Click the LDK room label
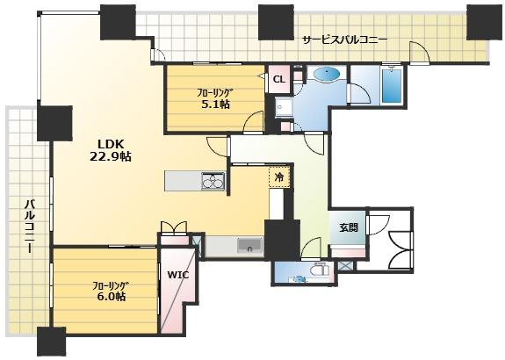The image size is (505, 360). click(111, 144)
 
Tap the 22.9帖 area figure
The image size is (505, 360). click(111, 156)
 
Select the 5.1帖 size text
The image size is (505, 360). click(216, 104)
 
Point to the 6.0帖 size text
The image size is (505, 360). click(112, 296)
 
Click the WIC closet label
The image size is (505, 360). click(177, 276)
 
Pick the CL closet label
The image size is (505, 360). click(279, 79)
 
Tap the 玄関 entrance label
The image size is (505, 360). click(349, 227)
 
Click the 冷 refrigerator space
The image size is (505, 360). click(279, 176)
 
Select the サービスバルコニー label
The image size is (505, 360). click(345, 40)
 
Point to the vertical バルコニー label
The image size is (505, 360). click(30, 226)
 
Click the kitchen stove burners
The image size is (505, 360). click(213, 182)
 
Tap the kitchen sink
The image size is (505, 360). click(250, 245)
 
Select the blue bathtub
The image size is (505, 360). click(392, 85)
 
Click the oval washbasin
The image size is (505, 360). click(327, 75)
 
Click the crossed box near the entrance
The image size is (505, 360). click(345, 266)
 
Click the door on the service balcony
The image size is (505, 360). click(420, 52)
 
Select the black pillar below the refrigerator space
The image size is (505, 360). click(282, 239)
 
